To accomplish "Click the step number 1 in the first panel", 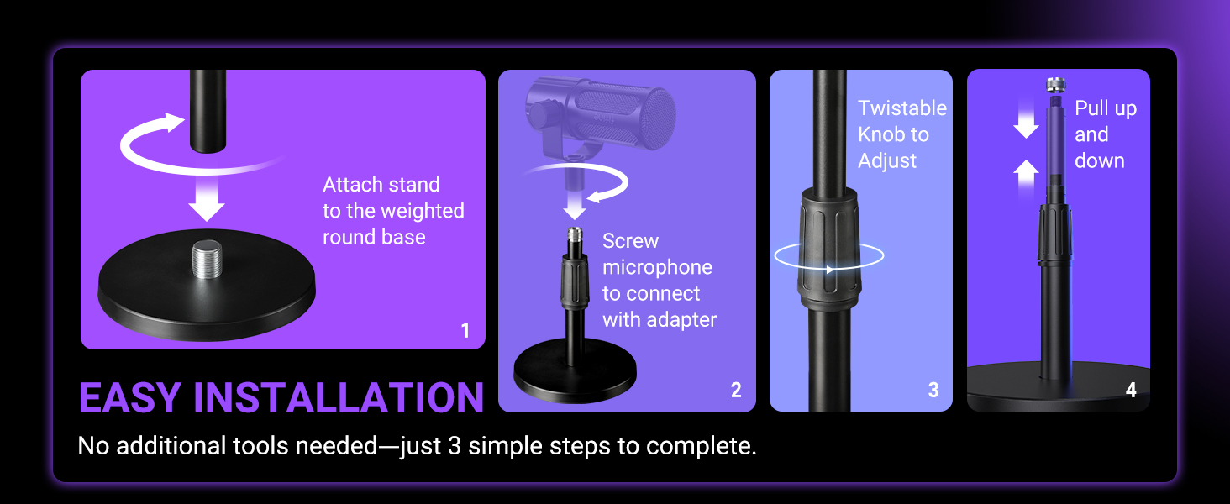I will (465, 331).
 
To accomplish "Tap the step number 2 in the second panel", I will (736, 391).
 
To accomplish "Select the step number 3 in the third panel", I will (933, 391).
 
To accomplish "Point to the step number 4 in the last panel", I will (1131, 391).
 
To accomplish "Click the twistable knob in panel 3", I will (829, 249).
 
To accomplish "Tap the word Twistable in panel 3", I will (901, 108).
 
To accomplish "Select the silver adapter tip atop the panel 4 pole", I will (1056, 85).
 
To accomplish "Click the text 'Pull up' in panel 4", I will (1105, 108).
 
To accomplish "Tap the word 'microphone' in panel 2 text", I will (657, 267).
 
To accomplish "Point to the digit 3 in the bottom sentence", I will (454, 446).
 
